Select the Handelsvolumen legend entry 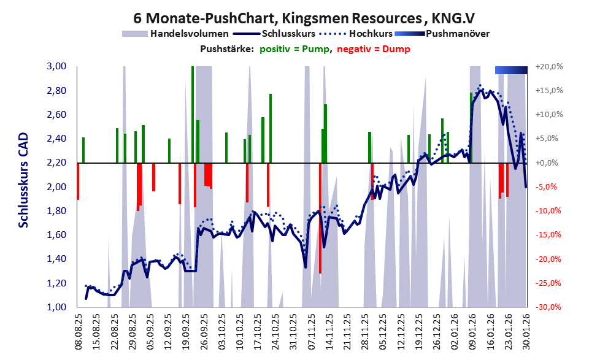pos(190,34)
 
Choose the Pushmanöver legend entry pos(457,34)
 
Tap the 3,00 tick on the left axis pos(59,66)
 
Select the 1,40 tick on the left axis pos(59,259)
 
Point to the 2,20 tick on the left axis pos(59,163)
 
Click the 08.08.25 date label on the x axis pos(79,331)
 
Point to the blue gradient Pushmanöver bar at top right pos(510,71)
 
